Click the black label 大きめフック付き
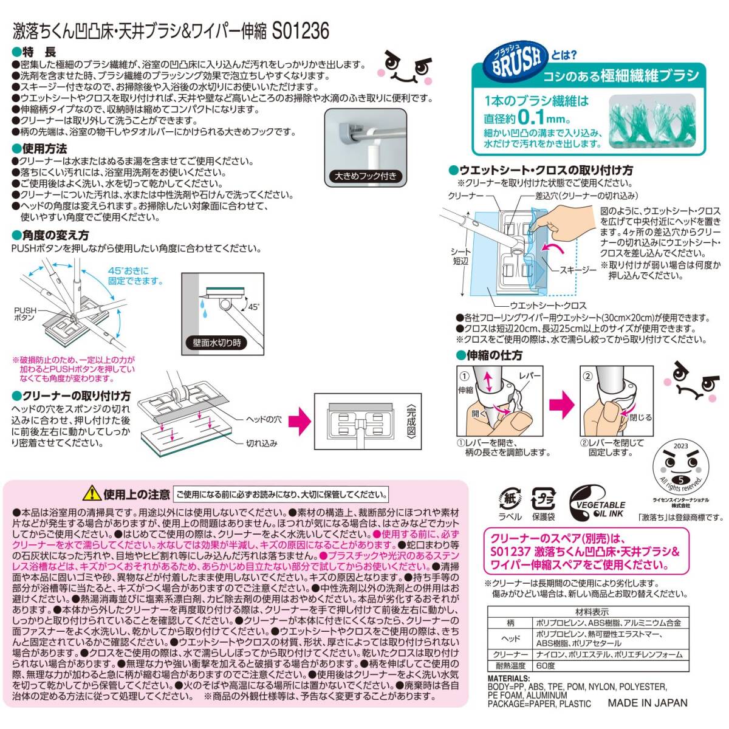(x=364, y=177)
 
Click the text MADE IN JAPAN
(x=648, y=703)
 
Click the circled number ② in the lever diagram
(x=587, y=375)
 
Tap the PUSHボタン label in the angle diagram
(x=25, y=314)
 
